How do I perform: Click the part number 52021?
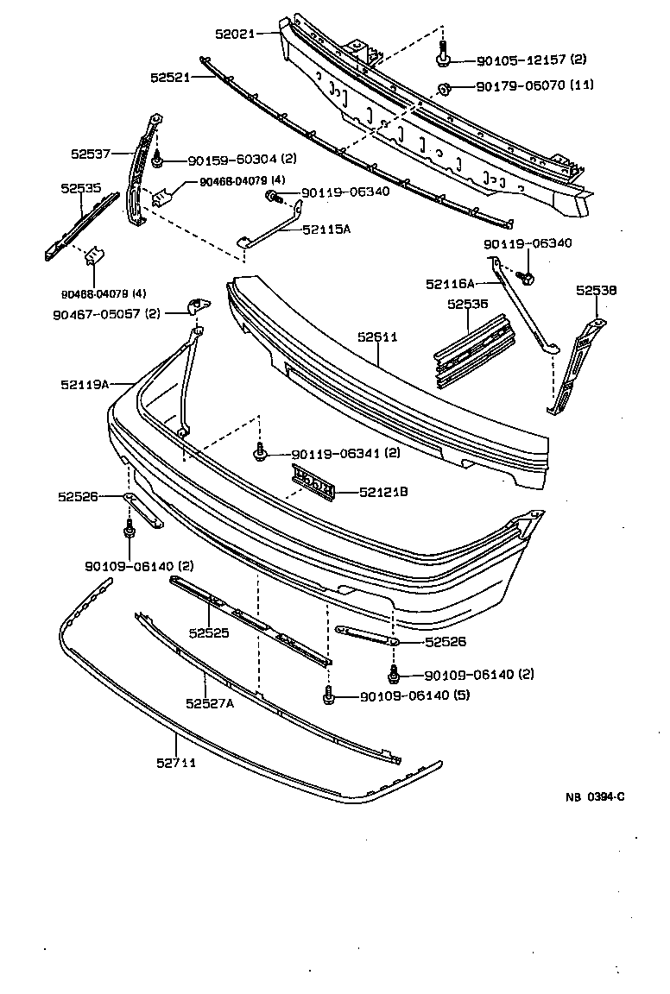pyautogui.click(x=234, y=35)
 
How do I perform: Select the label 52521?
pyautogui.click(x=169, y=77)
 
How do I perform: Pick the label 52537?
pyautogui.click(x=90, y=154)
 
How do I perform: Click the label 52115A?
pyautogui.click(x=326, y=230)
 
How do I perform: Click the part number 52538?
pyautogui.click(x=597, y=291)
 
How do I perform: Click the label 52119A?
pyautogui.click(x=85, y=384)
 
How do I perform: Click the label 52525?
pyautogui.click(x=210, y=632)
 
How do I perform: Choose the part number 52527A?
pyautogui.click(x=210, y=702)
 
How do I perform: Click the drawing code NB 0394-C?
pyautogui.click(x=595, y=796)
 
